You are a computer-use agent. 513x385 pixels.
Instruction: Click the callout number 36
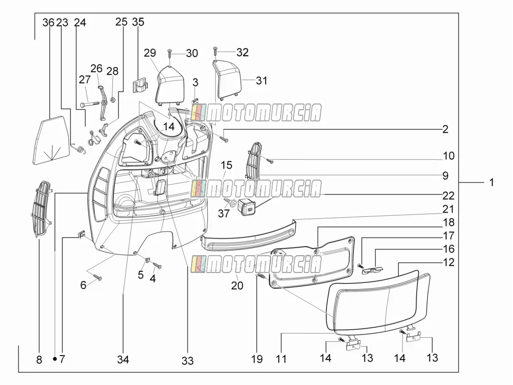pyautogui.click(x=49, y=22)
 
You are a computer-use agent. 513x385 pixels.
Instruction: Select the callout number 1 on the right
pyautogui.click(x=491, y=182)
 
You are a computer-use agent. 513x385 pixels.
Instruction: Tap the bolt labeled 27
pyautogui.click(x=89, y=104)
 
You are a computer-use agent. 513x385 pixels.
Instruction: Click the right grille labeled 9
pyautogui.click(x=254, y=160)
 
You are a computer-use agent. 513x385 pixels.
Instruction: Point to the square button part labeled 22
pyautogui.click(x=247, y=206)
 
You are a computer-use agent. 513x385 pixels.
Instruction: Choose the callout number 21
pyautogui.click(x=448, y=209)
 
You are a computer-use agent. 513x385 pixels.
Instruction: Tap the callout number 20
pyautogui.click(x=237, y=285)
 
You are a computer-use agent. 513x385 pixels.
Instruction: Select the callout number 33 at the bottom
pyautogui.click(x=188, y=361)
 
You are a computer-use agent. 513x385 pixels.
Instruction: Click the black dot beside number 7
pyautogui.click(x=55, y=359)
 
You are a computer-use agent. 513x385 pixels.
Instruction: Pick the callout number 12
pyautogui.click(x=449, y=262)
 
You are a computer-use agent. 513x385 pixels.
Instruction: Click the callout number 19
pyautogui.click(x=257, y=359)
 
